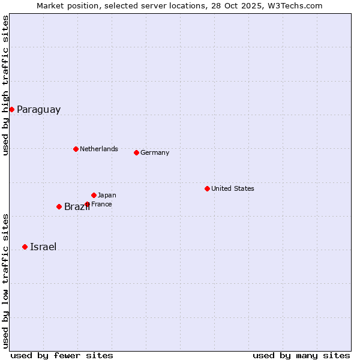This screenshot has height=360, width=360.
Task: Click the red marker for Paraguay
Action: [x=11, y=109]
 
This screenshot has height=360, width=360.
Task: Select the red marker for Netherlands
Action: [x=76, y=149]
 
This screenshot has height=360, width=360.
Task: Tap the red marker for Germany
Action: [x=136, y=152]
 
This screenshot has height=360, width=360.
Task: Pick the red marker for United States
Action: [x=207, y=188]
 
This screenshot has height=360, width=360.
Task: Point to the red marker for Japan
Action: [x=94, y=195]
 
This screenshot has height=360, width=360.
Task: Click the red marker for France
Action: [x=87, y=204]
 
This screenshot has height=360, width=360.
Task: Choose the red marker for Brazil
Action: [x=59, y=206]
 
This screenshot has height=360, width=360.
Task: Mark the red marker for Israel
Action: [x=25, y=247]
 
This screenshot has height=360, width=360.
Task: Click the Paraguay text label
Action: [x=38, y=110]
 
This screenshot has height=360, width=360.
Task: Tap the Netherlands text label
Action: [x=98, y=149]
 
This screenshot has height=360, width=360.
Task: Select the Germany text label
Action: [x=155, y=152]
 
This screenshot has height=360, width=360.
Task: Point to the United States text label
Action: [x=232, y=188]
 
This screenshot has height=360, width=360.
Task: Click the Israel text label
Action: [x=43, y=247]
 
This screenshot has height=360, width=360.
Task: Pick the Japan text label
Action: [x=107, y=195]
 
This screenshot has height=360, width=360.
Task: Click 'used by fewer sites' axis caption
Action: [x=62, y=355]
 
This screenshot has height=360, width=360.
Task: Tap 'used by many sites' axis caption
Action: [x=301, y=355]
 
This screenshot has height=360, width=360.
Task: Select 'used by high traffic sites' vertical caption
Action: [x=5, y=85]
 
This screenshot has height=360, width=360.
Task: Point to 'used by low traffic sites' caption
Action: [x=5, y=280]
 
